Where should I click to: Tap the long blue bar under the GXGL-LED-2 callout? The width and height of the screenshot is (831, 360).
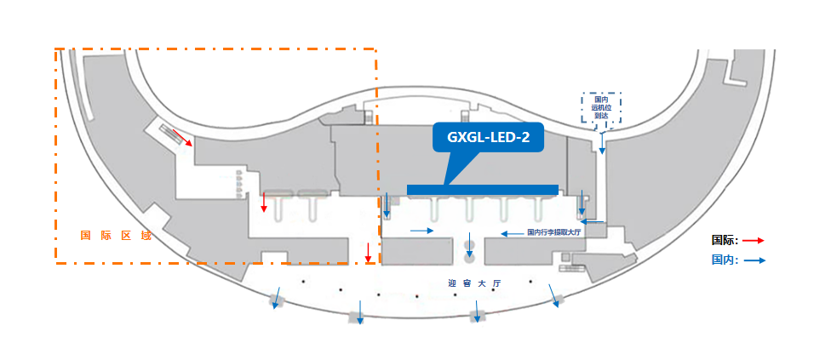click(482, 189)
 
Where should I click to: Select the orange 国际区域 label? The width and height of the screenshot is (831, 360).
click(115, 235)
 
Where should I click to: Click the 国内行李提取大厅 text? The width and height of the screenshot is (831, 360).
click(553, 232)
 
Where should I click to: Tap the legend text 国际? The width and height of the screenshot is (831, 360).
click(725, 241)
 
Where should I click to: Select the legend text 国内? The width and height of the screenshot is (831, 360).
click(725, 261)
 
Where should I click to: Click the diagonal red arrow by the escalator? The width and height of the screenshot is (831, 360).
click(182, 136)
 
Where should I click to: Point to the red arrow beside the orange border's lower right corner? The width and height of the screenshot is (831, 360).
click(368, 253)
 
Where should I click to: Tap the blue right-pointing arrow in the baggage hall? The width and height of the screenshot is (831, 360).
click(421, 231)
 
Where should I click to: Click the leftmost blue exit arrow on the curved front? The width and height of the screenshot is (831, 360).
click(276, 302)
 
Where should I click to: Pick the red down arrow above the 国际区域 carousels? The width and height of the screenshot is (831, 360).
click(264, 203)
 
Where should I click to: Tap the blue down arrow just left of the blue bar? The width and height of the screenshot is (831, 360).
click(387, 204)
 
